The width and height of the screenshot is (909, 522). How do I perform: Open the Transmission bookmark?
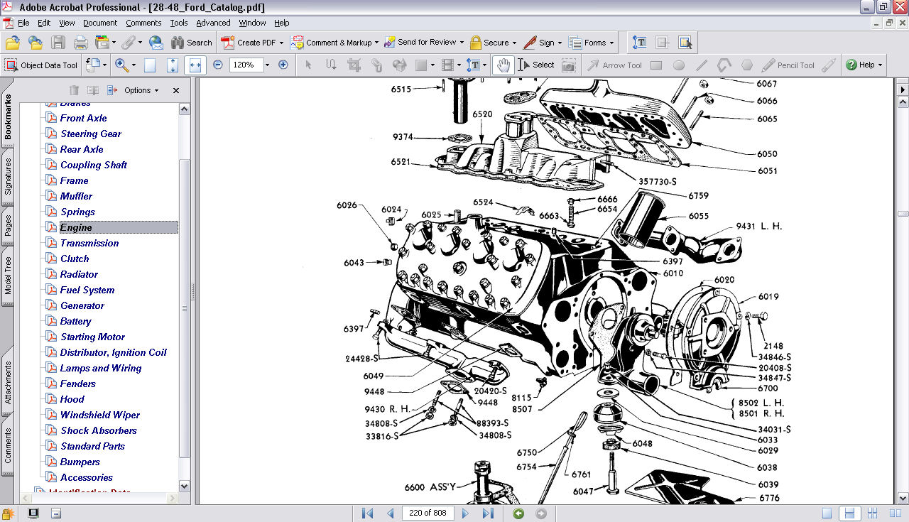[89, 243]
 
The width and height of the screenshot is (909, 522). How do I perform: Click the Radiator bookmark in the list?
[79, 274]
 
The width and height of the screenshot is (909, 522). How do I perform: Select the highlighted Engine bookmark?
[76, 227]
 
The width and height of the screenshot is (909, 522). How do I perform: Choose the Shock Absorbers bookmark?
[98, 430]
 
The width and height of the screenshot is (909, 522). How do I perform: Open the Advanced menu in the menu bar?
[213, 23]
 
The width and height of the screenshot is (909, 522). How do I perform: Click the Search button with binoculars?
[191, 43]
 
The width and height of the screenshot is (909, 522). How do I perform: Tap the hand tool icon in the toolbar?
[503, 65]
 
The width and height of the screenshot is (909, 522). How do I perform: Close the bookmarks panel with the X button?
[176, 90]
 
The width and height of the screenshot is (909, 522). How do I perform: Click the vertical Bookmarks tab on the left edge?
[8, 117]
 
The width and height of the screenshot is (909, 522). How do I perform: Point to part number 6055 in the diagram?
[698, 216]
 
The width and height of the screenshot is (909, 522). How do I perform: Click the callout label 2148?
[773, 347]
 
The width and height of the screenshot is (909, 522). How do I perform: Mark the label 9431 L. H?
[758, 227]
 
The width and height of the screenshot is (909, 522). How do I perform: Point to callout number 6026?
[347, 206]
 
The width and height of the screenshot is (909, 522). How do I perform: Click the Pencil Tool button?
[788, 65]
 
